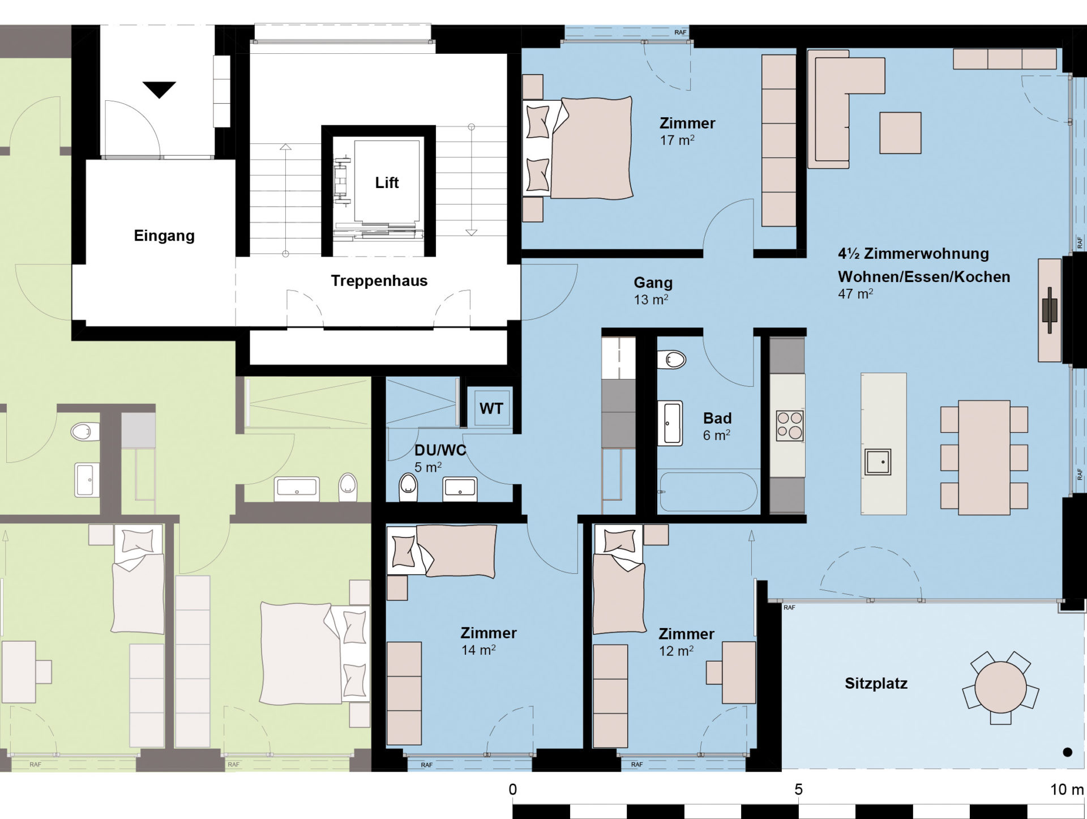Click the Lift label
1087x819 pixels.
[387, 182]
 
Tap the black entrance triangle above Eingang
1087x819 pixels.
[159, 89]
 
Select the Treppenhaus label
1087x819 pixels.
[379, 281]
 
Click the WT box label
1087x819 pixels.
[491, 408]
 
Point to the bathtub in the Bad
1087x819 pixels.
[708, 492]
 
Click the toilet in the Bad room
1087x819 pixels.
[671, 359]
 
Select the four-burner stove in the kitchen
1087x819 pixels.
[790, 425]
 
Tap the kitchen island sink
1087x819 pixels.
[878, 462]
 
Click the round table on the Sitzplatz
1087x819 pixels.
[1000, 687]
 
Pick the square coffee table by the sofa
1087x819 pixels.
[900, 133]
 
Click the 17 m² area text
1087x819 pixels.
[677, 140]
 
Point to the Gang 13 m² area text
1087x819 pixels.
[651, 300]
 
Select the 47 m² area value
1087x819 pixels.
[855, 293]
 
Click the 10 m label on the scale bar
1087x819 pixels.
[1067, 790]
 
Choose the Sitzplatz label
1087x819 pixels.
[876, 684]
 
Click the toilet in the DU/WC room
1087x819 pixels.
[408, 487]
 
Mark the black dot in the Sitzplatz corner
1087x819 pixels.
[1068, 752]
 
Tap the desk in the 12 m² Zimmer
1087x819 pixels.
[739, 672]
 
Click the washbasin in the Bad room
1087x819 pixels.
[670, 423]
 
